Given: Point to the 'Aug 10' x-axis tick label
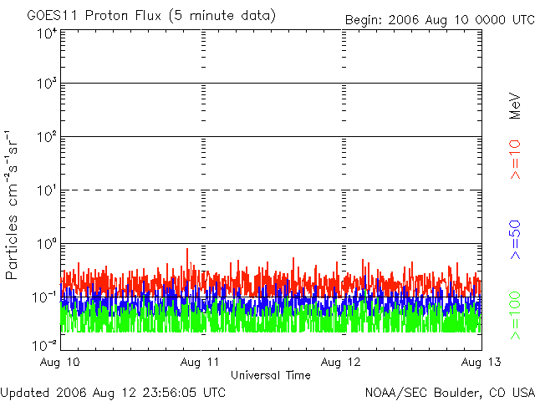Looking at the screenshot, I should coord(61,363).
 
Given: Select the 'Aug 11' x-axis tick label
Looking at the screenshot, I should coord(201,363).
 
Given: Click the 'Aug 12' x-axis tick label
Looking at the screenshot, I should coord(342,363).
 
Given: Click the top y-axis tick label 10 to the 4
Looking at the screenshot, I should coord(45,33).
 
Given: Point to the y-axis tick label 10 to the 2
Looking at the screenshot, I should coord(45,138).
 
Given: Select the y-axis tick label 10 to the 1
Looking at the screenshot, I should coord(45,191).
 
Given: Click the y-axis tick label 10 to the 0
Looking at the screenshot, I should coord(45,244).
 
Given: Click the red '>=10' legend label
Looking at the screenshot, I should coord(516,159).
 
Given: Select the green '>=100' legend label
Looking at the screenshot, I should coord(516,314).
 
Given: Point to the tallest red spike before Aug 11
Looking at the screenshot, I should coord(187,249).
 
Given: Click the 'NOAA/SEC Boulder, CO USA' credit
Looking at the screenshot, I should coord(449,392).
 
